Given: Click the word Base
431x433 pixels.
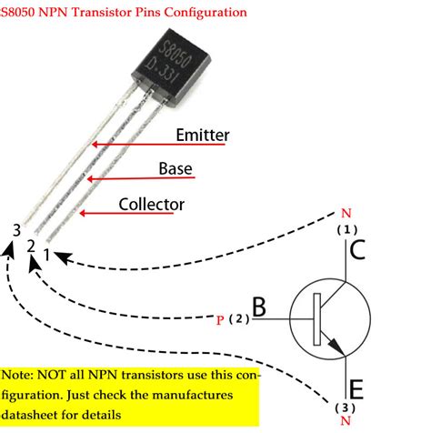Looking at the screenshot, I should (x=175, y=169).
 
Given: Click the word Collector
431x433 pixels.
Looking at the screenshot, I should (x=152, y=204).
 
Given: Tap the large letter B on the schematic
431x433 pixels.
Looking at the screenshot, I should (x=259, y=309).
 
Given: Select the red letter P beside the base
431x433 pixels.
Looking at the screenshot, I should (x=221, y=320).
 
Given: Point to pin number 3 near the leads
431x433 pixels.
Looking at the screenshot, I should (x=15, y=231).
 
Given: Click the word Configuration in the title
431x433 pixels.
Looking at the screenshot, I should (x=209, y=13).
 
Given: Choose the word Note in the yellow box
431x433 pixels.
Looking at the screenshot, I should (x=18, y=374).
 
